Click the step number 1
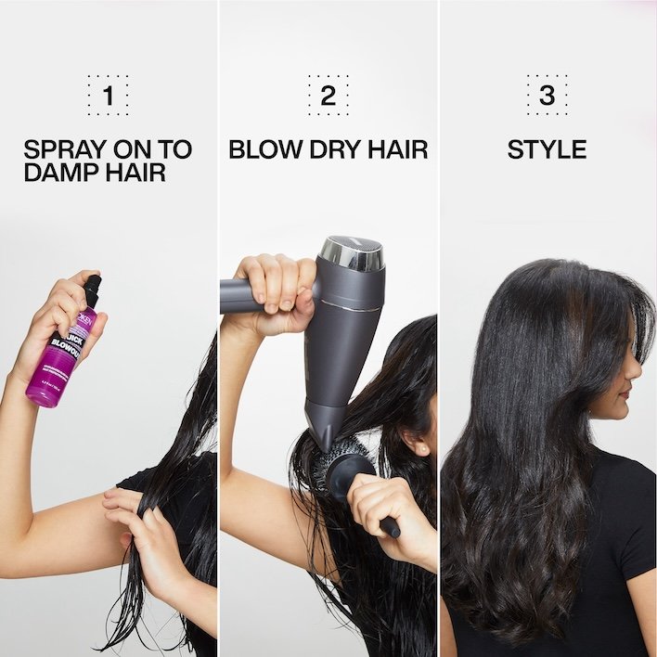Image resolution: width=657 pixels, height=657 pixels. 108,95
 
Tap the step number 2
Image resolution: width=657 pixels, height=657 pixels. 328,95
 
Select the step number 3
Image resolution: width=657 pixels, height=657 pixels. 547,95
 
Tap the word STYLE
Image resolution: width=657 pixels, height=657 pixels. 547,148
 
